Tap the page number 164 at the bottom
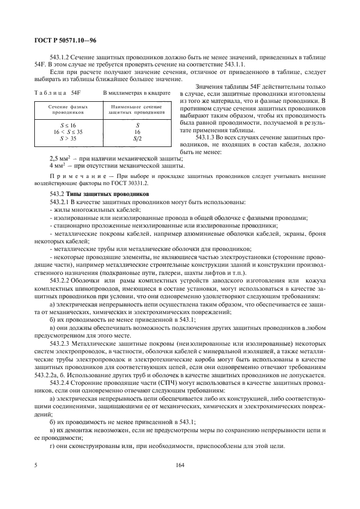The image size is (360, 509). [x=180, y=465]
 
